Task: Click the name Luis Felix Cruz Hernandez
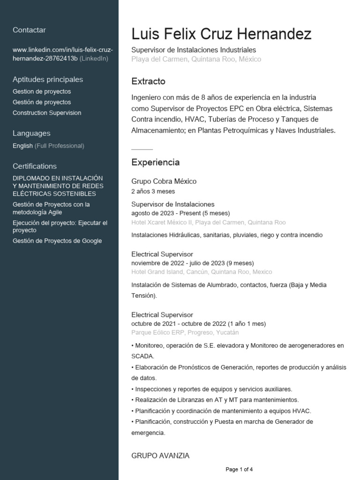(x=221, y=34)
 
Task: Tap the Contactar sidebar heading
(x=29, y=30)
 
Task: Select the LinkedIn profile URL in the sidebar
(x=62, y=54)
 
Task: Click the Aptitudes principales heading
(x=48, y=79)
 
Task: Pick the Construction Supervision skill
(x=47, y=113)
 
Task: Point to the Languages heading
(x=31, y=133)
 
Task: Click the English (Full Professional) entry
(x=48, y=146)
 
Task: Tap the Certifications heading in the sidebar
(x=35, y=166)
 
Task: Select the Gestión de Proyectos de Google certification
(x=57, y=241)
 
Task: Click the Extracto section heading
(x=148, y=82)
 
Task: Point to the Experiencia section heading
(x=155, y=163)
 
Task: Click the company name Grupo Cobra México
(x=164, y=181)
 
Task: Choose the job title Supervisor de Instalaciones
(x=172, y=204)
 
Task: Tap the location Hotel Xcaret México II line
(x=208, y=222)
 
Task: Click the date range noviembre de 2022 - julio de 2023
(x=192, y=263)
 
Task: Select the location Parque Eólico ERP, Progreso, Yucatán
(x=185, y=332)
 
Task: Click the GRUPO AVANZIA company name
(x=160, y=456)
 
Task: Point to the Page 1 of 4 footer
(x=239, y=469)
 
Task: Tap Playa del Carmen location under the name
(x=196, y=59)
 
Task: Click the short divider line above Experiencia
(x=142, y=149)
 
